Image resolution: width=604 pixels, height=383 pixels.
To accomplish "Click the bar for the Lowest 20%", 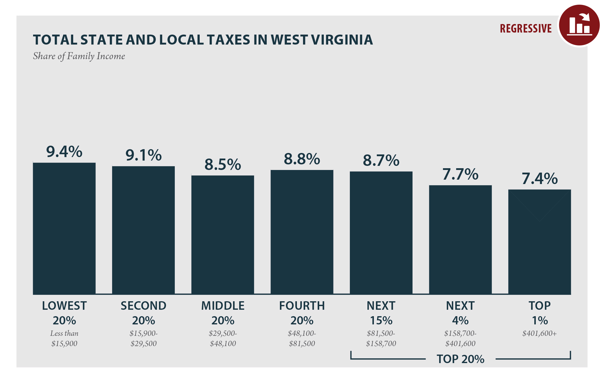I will coord(64,229).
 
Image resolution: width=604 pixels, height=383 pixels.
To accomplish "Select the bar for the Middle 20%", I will coord(223,235).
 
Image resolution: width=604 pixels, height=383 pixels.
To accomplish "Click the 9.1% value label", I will coord(143,155).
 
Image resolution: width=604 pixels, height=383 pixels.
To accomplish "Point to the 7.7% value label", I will coord(460,174).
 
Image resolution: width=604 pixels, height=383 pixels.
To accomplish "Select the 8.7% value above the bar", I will coord(381,161).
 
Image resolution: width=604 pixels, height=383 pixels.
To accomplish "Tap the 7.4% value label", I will coord(540,179).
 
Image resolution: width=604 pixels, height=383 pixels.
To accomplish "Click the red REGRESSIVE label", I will coord(526,29).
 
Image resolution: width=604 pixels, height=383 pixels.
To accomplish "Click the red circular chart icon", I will coord(579,25).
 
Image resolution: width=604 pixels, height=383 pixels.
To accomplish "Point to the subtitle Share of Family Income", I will coord(79,56).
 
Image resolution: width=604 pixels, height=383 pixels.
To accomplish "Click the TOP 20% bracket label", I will coord(460,359).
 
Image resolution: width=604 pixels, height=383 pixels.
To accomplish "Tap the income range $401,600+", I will coord(539,333).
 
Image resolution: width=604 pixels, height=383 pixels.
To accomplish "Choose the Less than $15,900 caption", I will coord(64,338).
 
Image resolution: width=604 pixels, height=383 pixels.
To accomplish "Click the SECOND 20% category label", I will coord(143,313).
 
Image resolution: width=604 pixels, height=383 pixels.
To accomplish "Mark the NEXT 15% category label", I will coord(381,313).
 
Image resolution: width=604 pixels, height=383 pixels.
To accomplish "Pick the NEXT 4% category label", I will coord(460,313).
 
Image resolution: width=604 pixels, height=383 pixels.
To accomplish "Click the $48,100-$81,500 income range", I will coord(302,338).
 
